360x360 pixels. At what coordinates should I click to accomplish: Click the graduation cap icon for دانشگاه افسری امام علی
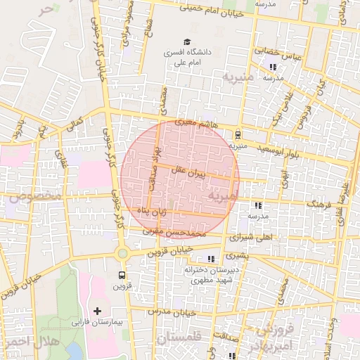click(x=187, y=41)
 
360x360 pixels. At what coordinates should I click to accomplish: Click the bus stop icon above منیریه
click(x=238, y=134)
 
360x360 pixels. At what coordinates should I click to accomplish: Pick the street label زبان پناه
click(x=152, y=210)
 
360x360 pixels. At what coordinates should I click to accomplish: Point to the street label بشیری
click(x=238, y=257)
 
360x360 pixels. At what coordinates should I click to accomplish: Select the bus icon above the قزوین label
click(x=122, y=275)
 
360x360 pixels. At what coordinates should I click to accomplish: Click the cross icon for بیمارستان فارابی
click(x=97, y=311)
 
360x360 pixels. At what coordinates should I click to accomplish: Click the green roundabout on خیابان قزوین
click(x=122, y=253)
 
